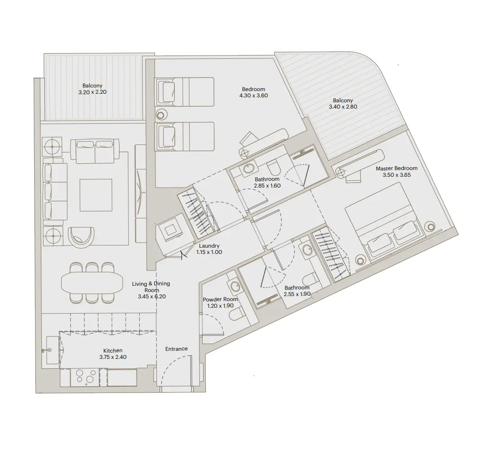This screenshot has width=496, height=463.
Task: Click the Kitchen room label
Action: [113, 350]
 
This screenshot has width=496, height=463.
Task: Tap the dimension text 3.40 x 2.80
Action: [343, 107]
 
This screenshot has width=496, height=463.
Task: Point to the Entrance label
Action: [177, 349]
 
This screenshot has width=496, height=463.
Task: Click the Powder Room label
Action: [220, 299]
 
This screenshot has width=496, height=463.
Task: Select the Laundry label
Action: [209, 246]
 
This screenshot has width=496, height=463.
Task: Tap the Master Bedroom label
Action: [396, 169]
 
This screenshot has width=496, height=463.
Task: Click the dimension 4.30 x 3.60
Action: [254, 96]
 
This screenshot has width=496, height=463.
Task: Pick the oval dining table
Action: [92, 282]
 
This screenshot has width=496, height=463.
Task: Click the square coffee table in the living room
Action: [96, 195]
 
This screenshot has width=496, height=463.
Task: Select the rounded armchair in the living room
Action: [82, 236]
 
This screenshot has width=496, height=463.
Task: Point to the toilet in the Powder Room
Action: [236, 314]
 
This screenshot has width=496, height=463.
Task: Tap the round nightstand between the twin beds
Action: [161, 114]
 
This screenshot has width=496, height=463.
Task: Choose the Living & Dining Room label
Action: [151, 290]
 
